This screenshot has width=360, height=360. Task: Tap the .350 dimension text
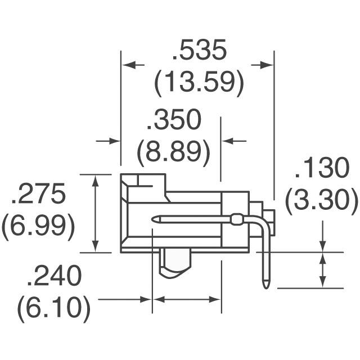tap(173, 121)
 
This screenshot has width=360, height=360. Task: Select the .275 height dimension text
tap(38, 194)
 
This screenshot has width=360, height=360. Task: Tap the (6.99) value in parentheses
tap(38, 227)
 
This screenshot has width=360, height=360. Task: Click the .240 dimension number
tap(55, 276)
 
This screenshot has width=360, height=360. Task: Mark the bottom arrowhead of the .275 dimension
tap(96, 247)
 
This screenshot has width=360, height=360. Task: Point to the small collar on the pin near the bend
tap(237, 219)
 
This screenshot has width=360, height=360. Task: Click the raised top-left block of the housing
tap(143, 183)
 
